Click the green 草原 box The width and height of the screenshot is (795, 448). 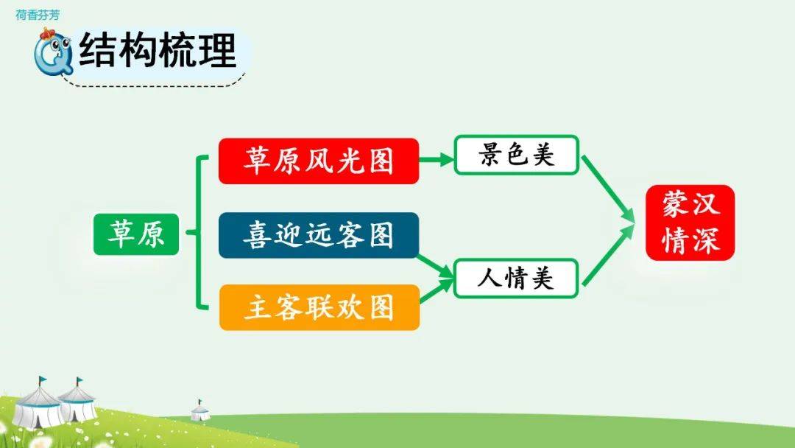(x=136, y=234)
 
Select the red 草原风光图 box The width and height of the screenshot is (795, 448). (x=319, y=161)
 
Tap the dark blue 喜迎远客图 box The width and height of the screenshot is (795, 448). (x=319, y=235)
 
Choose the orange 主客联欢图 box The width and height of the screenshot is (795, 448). (x=319, y=307)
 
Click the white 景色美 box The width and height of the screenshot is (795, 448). (x=516, y=155)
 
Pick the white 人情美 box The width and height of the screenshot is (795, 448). (x=516, y=278)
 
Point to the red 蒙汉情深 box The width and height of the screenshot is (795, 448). (x=690, y=223)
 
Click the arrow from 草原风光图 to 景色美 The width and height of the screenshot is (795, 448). (x=437, y=160)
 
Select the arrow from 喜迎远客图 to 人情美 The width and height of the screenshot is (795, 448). (x=435, y=266)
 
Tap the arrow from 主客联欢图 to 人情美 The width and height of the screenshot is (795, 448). (x=437, y=290)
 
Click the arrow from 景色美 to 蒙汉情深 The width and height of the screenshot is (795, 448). (x=608, y=189)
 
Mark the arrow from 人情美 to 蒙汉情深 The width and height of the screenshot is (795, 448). (x=608, y=256)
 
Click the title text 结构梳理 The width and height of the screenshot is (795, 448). (x=158, y=49)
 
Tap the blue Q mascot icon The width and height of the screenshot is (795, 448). (x=53, y=52)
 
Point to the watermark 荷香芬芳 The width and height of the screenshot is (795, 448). (x=38, y=15)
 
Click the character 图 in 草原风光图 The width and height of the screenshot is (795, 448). (x=381, y=161)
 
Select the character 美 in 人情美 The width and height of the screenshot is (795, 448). (x=542, y=278)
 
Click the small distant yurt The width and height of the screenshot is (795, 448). (x=199, y=410)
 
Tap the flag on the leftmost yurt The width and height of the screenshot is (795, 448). (x=43, y=379)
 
